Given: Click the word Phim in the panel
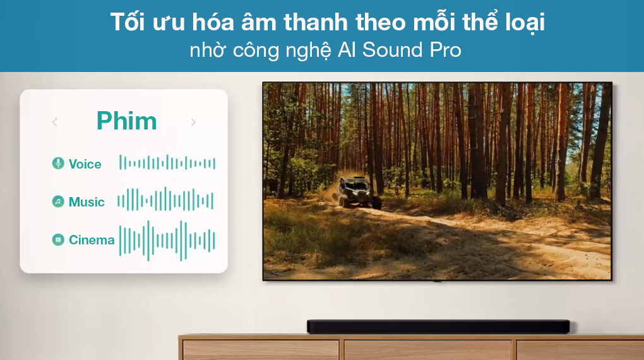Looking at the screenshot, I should pyautogui.click(x=126, y=121).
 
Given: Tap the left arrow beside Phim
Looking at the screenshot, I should pyautogui.click(x=55, y=122).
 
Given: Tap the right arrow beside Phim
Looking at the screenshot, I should pyautogui.click(x=193, y=122).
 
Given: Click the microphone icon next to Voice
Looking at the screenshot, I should pyautogui.click(x=58, y=164).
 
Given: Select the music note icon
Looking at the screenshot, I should pyautogui.click(x=58, y=201).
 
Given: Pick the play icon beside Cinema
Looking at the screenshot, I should pyautogui.click(x=58, y=239).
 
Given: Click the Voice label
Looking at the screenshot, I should pyautogui.click(x=85, y=164).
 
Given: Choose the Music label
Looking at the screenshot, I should pyautogui.click(x=86, y=202).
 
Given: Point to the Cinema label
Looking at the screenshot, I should pyautogui.click(x=92, y=240).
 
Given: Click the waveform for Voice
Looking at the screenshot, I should pyautogui.click(x=167, y=164).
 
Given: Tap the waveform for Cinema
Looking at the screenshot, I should pyautogui.click(x=167, y=240).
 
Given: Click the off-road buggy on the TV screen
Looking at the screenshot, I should pyautogui.click(x=359, y=191).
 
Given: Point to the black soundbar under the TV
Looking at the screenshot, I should pyautogui.click(x=438, y=327).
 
